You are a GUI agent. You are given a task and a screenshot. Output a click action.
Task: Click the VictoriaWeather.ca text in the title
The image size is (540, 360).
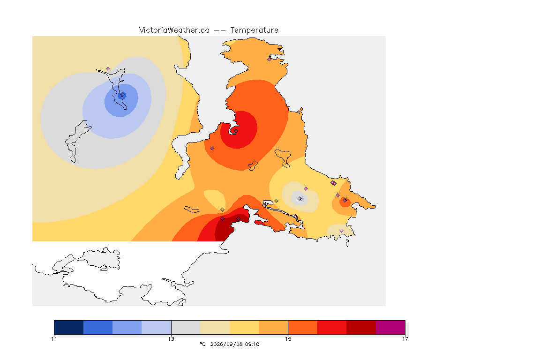pyautogui.click(x=174, y=30)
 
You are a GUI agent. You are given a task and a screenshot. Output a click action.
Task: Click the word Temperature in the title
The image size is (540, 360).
pyautogui.click(x=254, y=30)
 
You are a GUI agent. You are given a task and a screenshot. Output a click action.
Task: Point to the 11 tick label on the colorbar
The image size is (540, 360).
pyautogui.click(x=54, y=339)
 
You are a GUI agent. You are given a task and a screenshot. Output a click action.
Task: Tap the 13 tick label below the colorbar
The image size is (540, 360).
pyautogui.click(x=171, y=339)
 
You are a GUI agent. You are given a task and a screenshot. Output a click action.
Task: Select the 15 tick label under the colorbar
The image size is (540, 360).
pyautogui.click(x=288, y=339)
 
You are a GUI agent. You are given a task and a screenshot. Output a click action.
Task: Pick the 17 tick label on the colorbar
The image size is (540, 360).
pyautogui.click(x=405, y=339)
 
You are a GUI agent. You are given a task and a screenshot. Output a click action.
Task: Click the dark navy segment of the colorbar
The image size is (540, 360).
pyautogui.click(x=69, y=327)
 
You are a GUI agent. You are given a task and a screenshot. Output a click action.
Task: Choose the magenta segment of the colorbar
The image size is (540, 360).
pyautogui.click(x=390, y=327)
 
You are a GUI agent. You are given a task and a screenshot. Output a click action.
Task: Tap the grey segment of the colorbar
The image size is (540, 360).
pyautogui.click(x=186, y=327)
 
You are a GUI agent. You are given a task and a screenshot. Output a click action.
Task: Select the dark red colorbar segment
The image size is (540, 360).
pyautogui.click(x=361, y=327)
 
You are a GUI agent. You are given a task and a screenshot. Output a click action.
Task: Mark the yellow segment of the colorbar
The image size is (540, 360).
pyautogui.click(x=244, y=327)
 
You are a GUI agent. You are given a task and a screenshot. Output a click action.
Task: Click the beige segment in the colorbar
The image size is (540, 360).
pyautogui.click(x=215, y=327)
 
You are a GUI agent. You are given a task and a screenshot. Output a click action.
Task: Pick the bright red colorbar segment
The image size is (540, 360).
pyautogui.click(x=332, y=327)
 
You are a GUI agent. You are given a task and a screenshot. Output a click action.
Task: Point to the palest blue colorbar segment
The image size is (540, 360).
pyautogui.click(x=157, y=327)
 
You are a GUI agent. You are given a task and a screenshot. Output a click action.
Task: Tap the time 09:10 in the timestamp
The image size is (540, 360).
pyautogui.click(x=252, y=344)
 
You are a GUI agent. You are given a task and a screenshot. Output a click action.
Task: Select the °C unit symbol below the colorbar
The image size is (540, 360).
pyautogui.click(x=202, y=344)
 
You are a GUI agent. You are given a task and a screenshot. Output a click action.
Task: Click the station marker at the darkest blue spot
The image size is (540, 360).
pyautogui.click(x=122, y=95)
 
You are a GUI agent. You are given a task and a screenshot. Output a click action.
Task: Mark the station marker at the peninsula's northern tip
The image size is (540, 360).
pyautogui.click(x=270, y=59)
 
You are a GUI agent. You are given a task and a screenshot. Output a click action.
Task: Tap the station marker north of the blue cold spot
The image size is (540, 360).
pyautogui.click(x=108, y=69)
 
